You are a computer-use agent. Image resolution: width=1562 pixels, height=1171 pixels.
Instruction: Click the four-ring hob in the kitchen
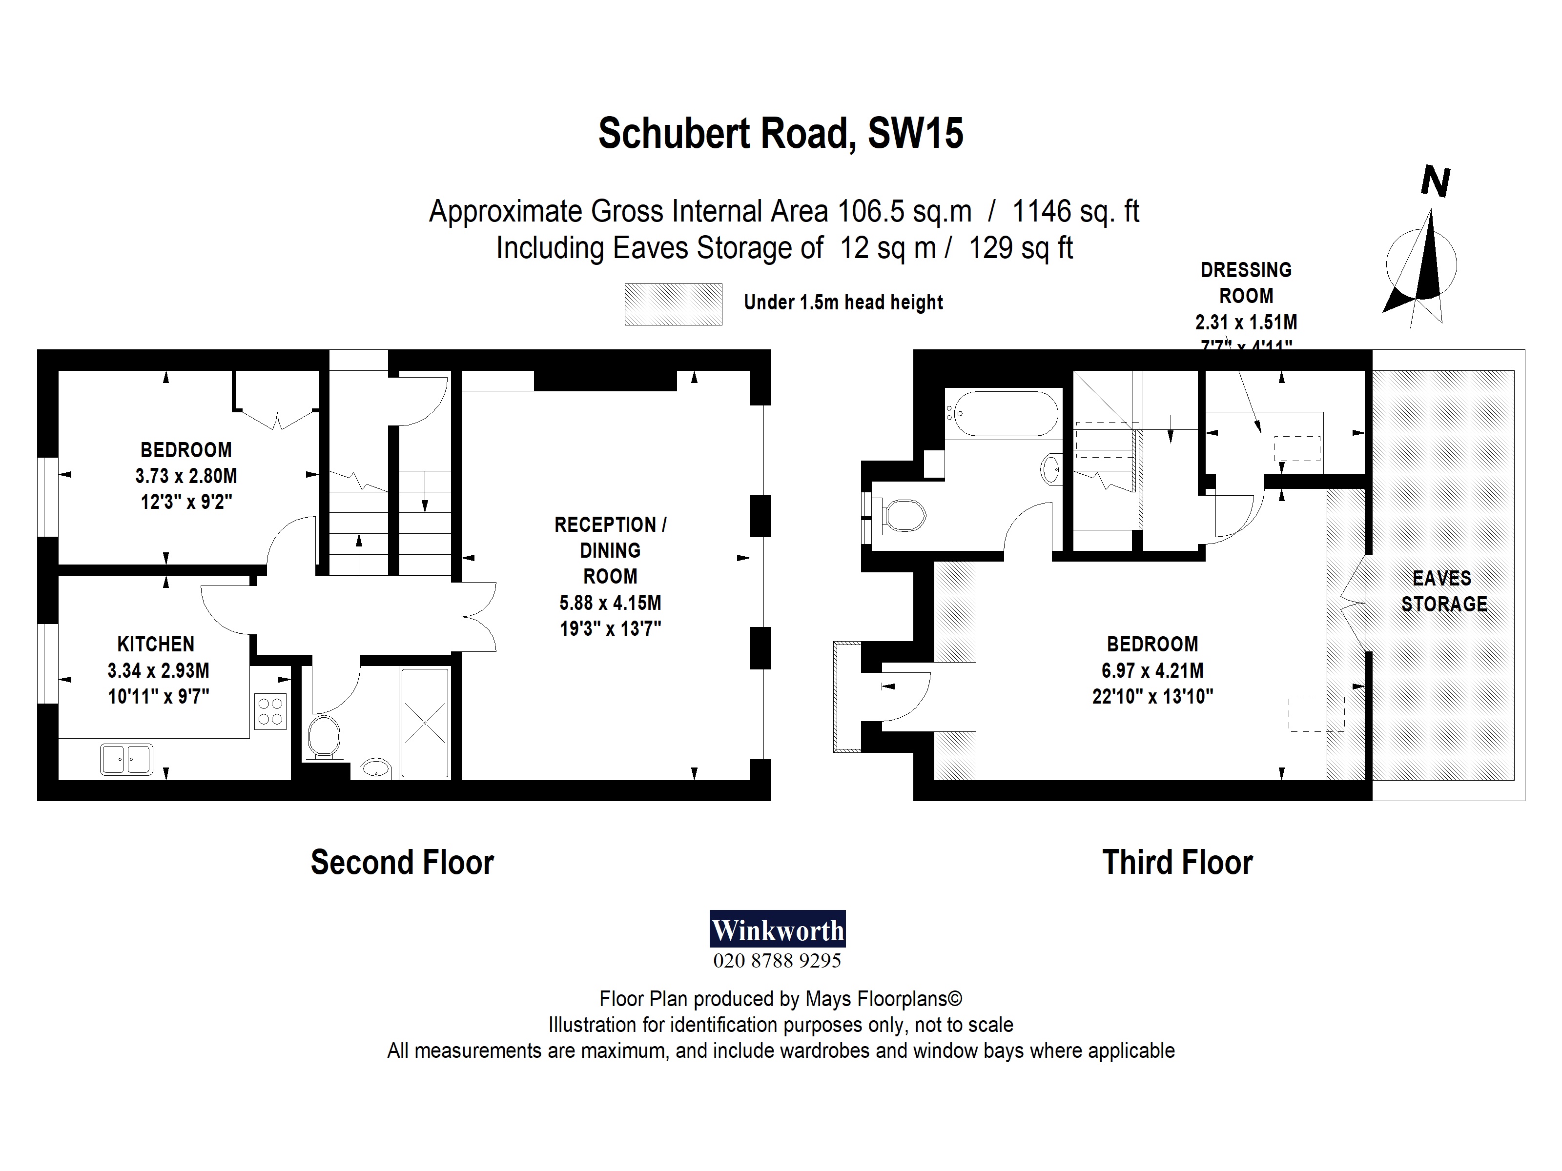point(270,711)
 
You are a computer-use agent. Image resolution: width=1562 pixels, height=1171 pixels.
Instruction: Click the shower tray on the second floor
point(425,723)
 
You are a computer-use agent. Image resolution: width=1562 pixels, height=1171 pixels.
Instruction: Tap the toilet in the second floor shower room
point(324,736)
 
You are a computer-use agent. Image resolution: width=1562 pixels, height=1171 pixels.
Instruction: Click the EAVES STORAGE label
point(1444,591)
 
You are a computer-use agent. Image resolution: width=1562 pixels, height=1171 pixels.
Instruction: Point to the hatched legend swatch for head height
point(673,304)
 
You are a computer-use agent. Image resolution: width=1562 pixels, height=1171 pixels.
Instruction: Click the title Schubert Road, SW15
point(781,133)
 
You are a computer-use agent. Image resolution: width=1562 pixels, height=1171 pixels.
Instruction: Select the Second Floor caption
point(403,863)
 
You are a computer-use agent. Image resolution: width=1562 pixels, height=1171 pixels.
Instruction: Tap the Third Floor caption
point(1177,863)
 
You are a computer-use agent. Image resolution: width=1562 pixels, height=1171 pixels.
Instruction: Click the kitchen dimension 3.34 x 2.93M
point(158,670)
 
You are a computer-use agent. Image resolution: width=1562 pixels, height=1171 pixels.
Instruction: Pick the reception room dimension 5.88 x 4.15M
point(610,603)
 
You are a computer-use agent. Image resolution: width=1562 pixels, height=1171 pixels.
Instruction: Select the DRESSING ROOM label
point(1246,283)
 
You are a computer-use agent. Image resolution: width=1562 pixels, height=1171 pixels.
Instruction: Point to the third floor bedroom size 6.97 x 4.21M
point(1152,670)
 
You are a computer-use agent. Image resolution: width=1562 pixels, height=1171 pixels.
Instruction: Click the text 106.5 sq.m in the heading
point(904,211)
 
